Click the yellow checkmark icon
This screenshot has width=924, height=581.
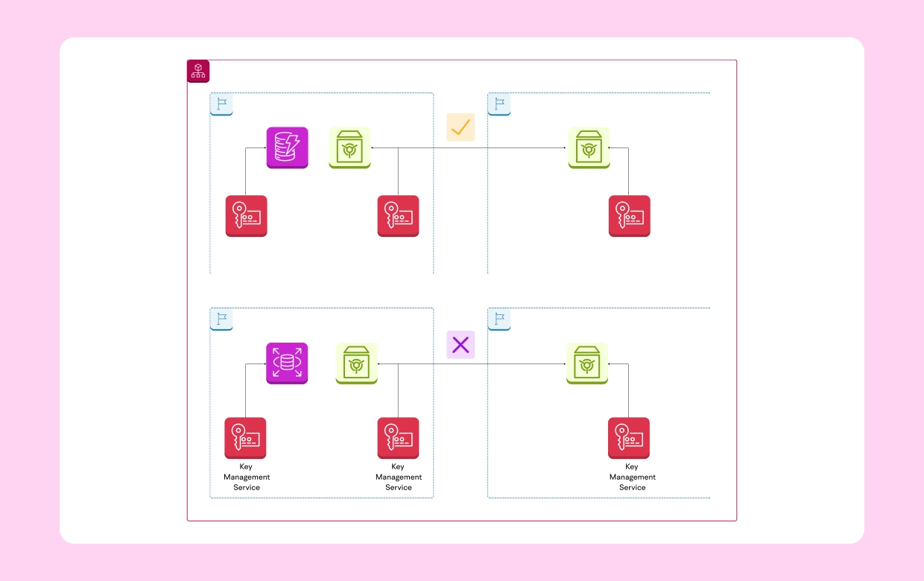(x=461, y=127)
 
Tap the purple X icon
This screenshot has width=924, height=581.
(x=461, y=345)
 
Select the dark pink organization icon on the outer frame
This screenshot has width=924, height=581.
(x=198, y=71)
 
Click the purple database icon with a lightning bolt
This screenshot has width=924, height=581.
(x=287, y=147)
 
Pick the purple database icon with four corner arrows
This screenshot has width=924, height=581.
(x=287, y=363)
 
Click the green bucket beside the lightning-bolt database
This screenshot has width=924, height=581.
(x=349, y=147)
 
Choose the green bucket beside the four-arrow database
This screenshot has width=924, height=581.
(x=356, y=363)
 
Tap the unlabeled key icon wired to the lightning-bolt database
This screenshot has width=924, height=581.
(x=246, y=216)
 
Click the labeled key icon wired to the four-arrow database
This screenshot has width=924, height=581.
(x=245, y=438)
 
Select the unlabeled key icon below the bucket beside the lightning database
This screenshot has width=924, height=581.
(x=398, y=216)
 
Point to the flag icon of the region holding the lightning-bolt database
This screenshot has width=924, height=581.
(x=221, y=104)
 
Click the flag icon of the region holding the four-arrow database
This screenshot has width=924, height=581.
(x=221, y=320)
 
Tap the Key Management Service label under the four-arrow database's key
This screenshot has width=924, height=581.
(x=247, y=477)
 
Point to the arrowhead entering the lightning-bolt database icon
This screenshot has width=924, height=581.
(x=264, y=148)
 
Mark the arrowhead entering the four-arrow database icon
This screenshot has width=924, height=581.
(x=264, y=364)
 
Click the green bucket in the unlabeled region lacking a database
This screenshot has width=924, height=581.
(x=589, y=147)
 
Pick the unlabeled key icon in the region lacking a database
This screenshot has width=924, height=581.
(x=629, y=216)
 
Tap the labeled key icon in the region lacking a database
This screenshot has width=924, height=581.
(x=628, y=438)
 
